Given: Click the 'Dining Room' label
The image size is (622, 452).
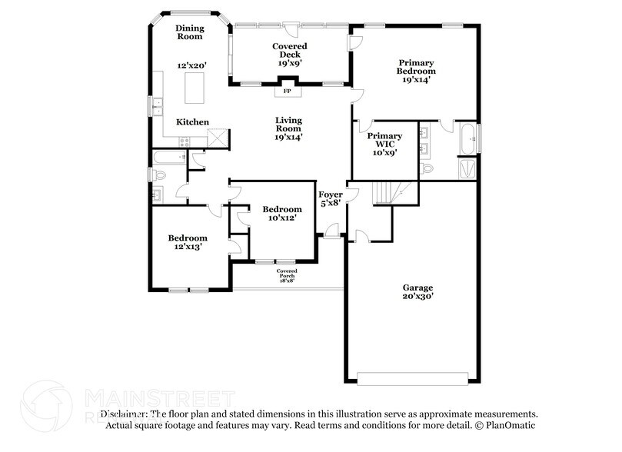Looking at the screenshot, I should point(189,32).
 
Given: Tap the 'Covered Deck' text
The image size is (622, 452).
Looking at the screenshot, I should point(289,51).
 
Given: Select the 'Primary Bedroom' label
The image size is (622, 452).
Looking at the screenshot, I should point(416,67).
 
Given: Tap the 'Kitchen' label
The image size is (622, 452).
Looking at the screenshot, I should point(192,122).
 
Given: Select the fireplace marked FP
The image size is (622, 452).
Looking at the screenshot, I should point(288,91).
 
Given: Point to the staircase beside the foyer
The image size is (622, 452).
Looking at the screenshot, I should point(388,193).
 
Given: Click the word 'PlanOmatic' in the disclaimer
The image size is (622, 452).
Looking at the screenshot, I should point(512,425).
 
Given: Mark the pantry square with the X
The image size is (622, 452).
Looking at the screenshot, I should point(218,138).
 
